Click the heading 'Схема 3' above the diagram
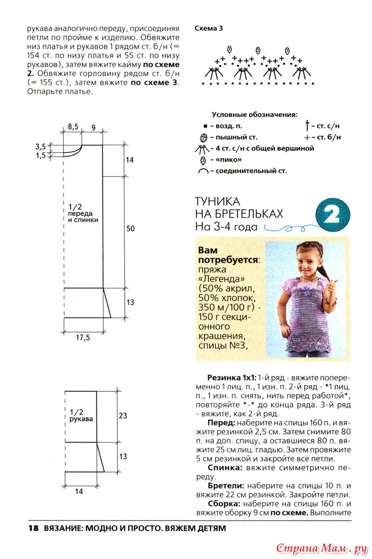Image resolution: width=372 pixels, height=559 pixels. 208,28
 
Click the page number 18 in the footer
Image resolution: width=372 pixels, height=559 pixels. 33,529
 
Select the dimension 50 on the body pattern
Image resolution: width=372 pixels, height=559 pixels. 130,229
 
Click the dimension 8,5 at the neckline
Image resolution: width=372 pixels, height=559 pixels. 73,127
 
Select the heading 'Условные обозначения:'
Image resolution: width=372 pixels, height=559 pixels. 254,114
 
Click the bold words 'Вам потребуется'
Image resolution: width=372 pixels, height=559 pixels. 228,255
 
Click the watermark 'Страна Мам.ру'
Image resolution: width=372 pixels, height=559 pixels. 322,548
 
